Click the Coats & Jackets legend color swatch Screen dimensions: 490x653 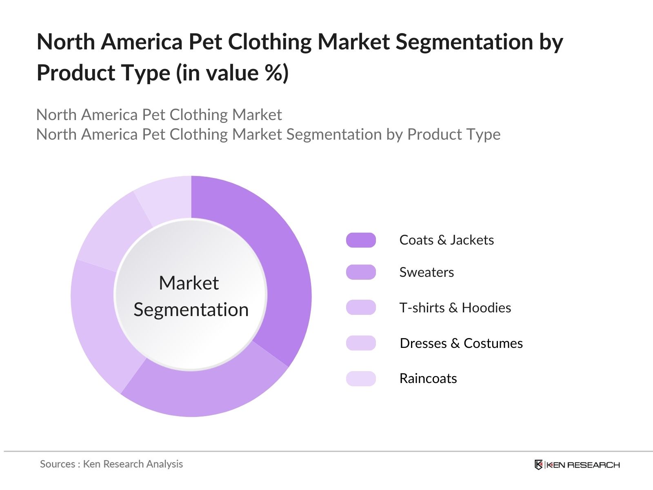pos(361,240)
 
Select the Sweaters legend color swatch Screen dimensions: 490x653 pos(361,272)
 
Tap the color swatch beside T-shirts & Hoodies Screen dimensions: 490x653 pos(361,307)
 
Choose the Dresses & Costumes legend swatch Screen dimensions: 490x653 pos(361,343)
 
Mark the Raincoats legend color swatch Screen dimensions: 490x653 pos(361,379)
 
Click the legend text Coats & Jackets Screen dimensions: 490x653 pos(446,240)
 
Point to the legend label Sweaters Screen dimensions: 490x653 pos(426,272)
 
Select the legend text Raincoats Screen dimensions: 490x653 pos(428,379)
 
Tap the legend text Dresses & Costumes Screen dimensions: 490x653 pos(461,343)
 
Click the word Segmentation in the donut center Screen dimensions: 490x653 pos(191,310)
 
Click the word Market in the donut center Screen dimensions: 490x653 pos(189,283)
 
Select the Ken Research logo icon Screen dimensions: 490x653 pos(539,465)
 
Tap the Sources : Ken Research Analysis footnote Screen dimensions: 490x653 pos(111,464)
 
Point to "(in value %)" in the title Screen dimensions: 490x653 pos(232,73)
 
